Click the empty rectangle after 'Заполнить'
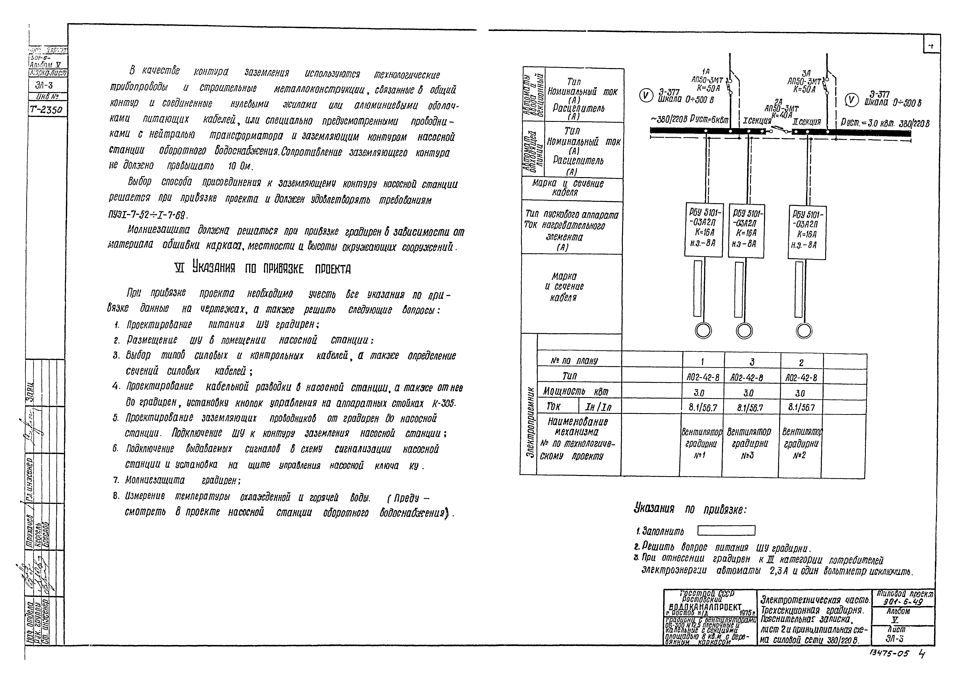tap(726, 530)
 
